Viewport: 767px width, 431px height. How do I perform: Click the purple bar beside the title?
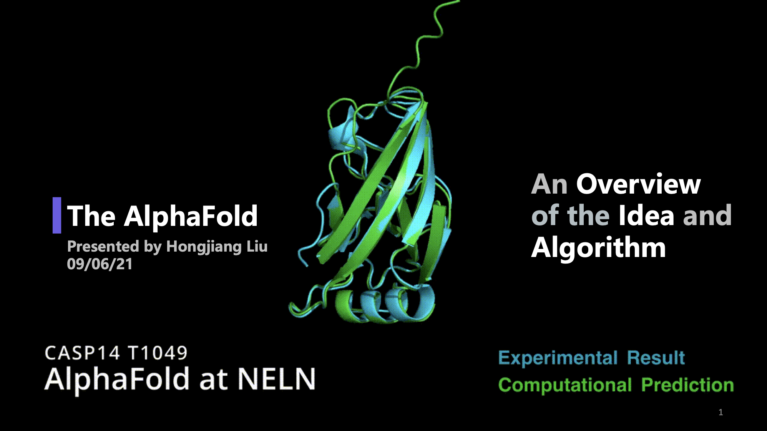(57, 215)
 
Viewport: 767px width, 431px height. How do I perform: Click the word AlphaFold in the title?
(191, 216)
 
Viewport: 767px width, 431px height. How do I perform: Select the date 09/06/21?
(100, 264)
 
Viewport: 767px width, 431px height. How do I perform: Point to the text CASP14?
(82, 353)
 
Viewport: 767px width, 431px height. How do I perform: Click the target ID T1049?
(158, 353)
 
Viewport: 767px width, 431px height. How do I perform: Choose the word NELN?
(277, 379)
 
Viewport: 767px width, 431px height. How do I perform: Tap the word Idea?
(646, 215)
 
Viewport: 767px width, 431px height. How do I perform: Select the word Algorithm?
(598, 248)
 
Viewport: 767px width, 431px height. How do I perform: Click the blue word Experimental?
(558, 358)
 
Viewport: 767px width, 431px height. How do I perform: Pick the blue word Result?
(656, 358)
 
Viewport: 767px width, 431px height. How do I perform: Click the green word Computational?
(565, 385)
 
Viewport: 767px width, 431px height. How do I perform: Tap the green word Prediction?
(687, 385)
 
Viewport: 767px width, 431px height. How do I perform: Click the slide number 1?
(721, 412)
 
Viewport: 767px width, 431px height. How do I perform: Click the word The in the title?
(91, 216)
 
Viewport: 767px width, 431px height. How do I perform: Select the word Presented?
(103, 246)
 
